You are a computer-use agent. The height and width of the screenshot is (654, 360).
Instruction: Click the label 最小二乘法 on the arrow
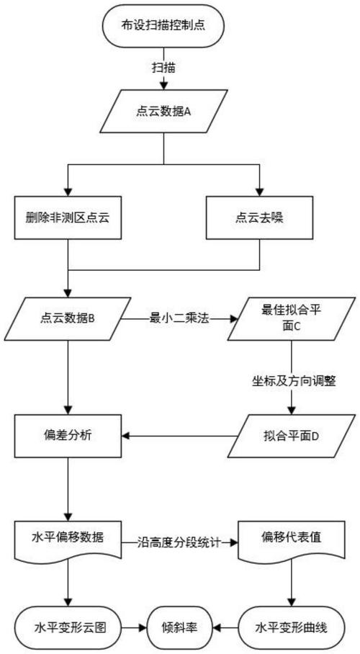tap(178, 318)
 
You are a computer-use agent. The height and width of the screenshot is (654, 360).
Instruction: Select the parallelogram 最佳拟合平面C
tap(291, 318)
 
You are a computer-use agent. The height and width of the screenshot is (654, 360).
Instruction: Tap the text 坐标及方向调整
tap(291, 384)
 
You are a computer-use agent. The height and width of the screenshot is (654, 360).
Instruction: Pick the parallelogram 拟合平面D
tap(291, 435)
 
